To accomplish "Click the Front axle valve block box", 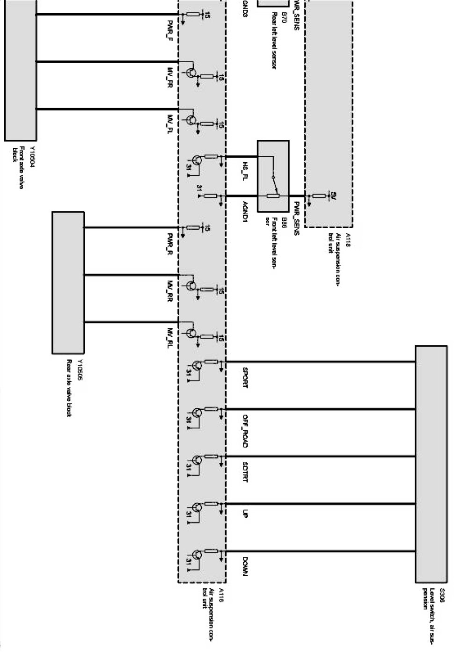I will click(x=20, y=70).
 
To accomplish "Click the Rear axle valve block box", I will click(x=68, y=282).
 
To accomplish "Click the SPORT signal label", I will click(x=245, y=377).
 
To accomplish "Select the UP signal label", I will click(x=245, y=513).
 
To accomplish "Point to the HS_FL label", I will click(x=245, y=172).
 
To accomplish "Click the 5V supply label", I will click(x=333, y=196).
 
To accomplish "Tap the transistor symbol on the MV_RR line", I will click(x=191, y=286).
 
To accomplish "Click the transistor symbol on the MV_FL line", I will click(x=191, y=120).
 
